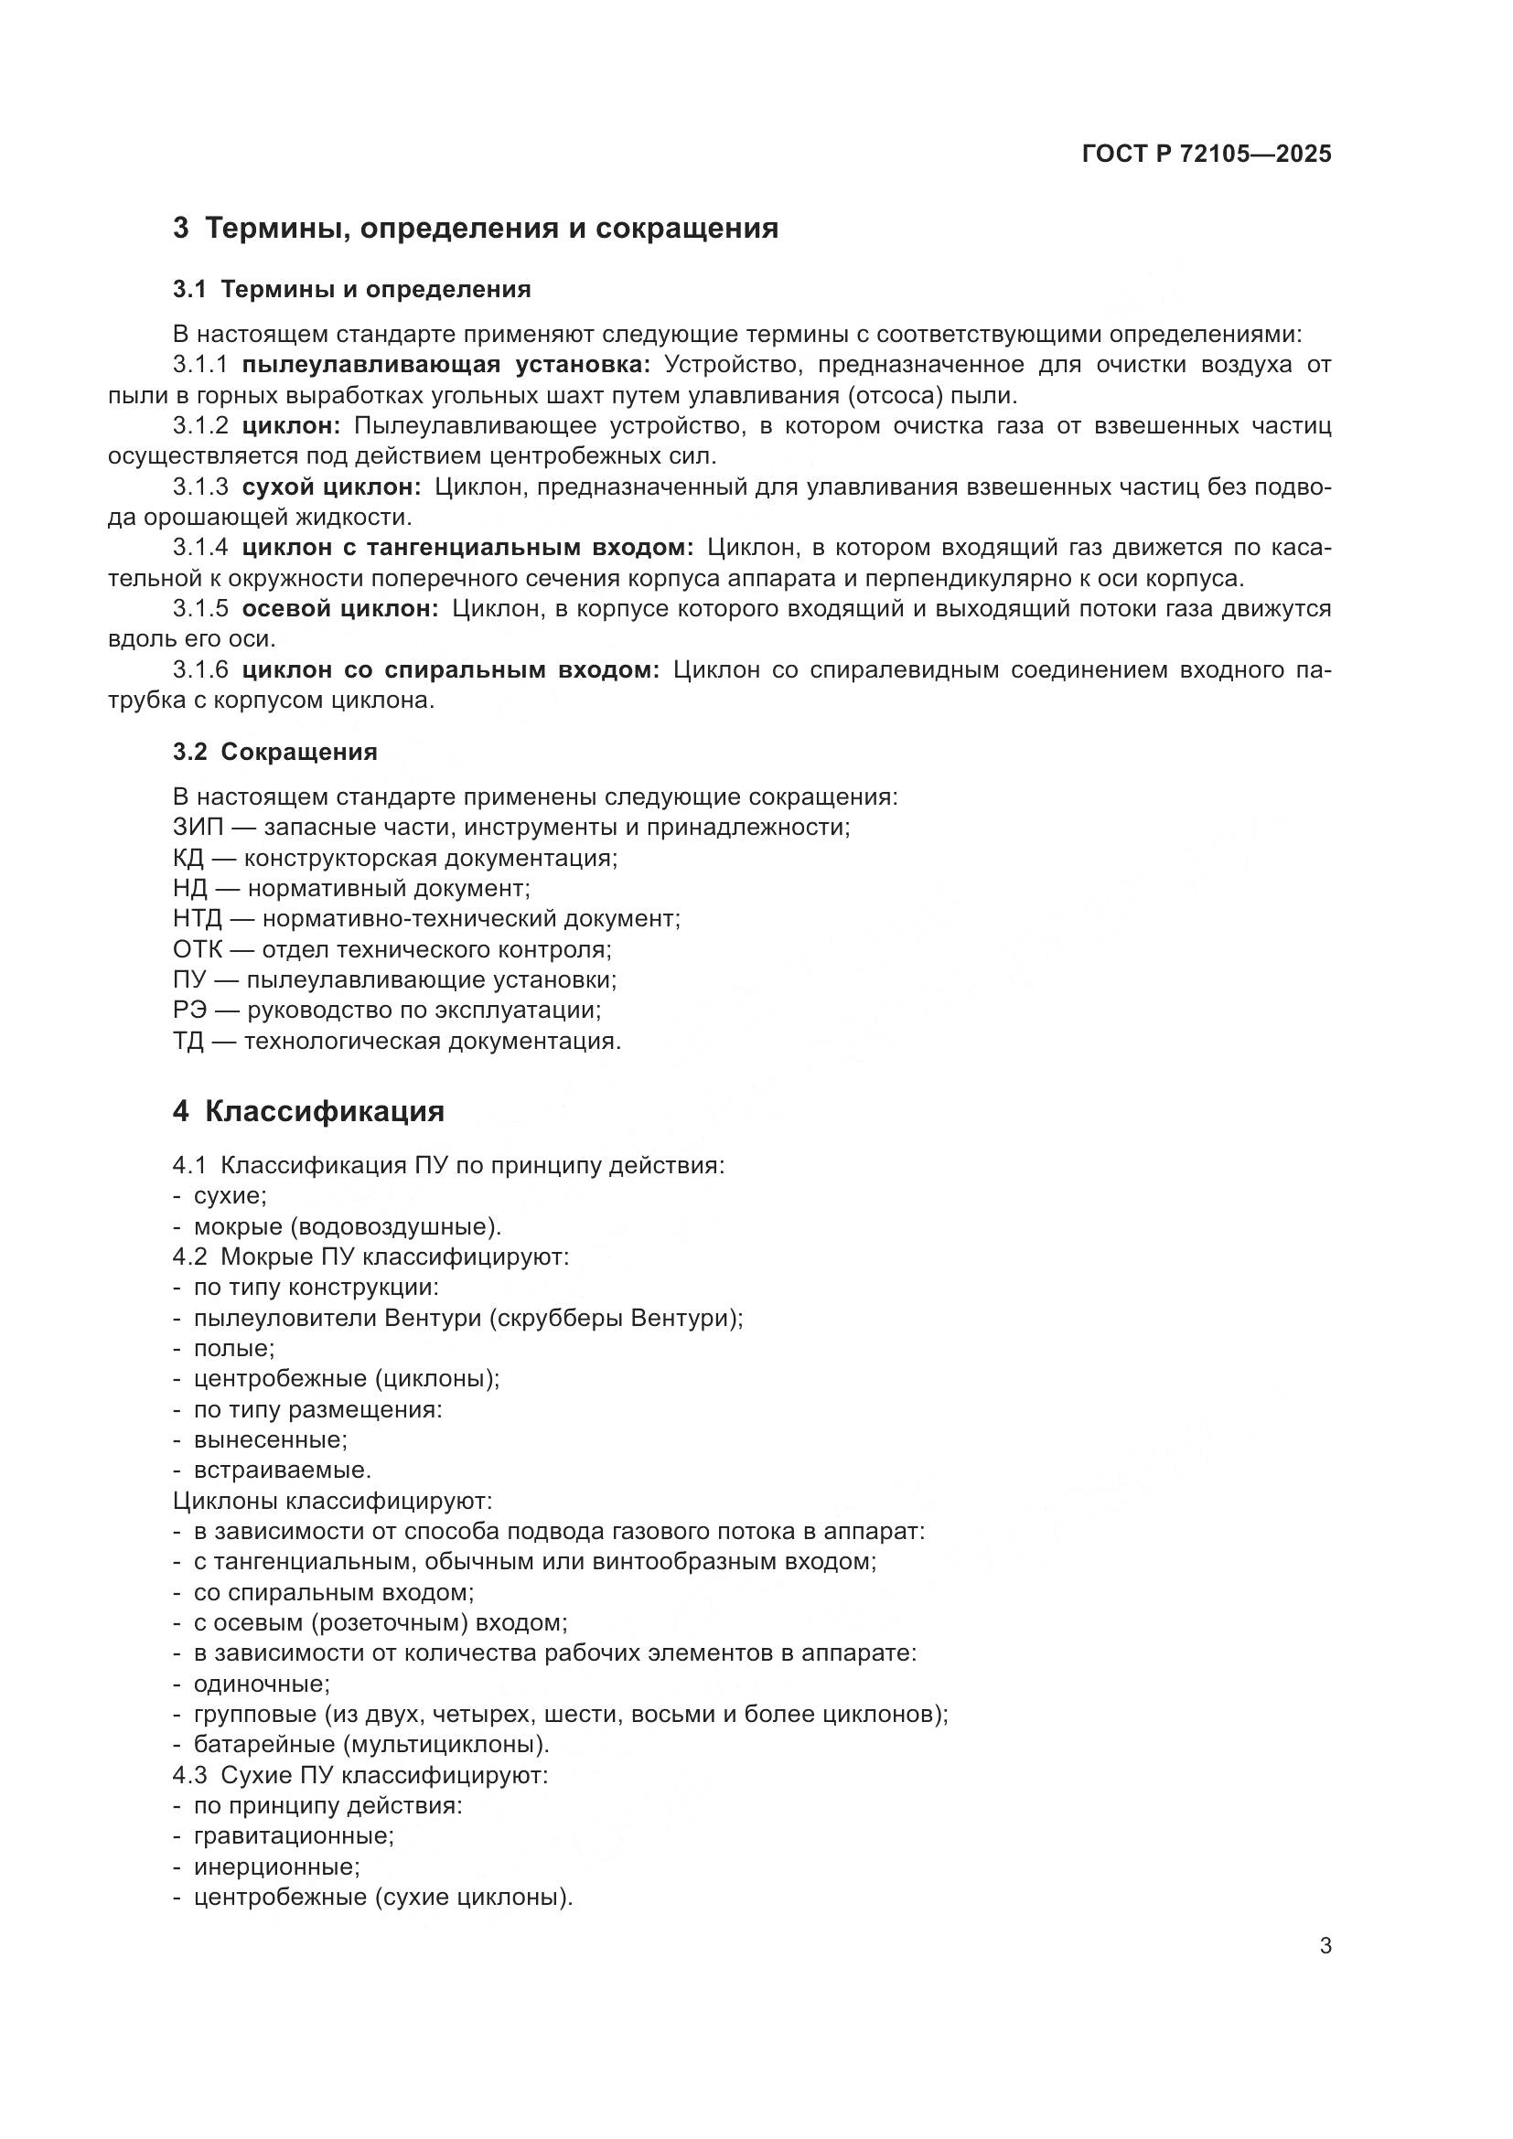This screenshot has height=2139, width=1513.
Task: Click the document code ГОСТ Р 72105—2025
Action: click(1207, 155)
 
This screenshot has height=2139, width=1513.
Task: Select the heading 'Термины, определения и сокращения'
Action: click(491, 229)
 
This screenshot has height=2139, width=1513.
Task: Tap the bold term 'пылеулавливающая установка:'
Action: click(446, 364)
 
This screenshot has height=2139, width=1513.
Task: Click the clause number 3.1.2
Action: click(200, 426)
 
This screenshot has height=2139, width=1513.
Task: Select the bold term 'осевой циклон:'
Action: click(340, 609)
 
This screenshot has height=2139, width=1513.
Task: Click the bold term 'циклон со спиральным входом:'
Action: click(450, 669)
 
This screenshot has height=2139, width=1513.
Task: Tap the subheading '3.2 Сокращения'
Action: click(274, 752)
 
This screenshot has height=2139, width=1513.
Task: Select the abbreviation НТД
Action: click(198, 918)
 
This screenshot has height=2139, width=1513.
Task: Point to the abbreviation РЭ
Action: click(189, 1010)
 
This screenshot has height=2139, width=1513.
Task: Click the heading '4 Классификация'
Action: click(308, 1111)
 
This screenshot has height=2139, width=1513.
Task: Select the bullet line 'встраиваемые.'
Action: click(282, 1471)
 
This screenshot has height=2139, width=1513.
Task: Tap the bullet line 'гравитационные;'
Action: click(293, 1836)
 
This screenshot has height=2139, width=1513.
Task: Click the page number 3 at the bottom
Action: click(1325, 1947)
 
